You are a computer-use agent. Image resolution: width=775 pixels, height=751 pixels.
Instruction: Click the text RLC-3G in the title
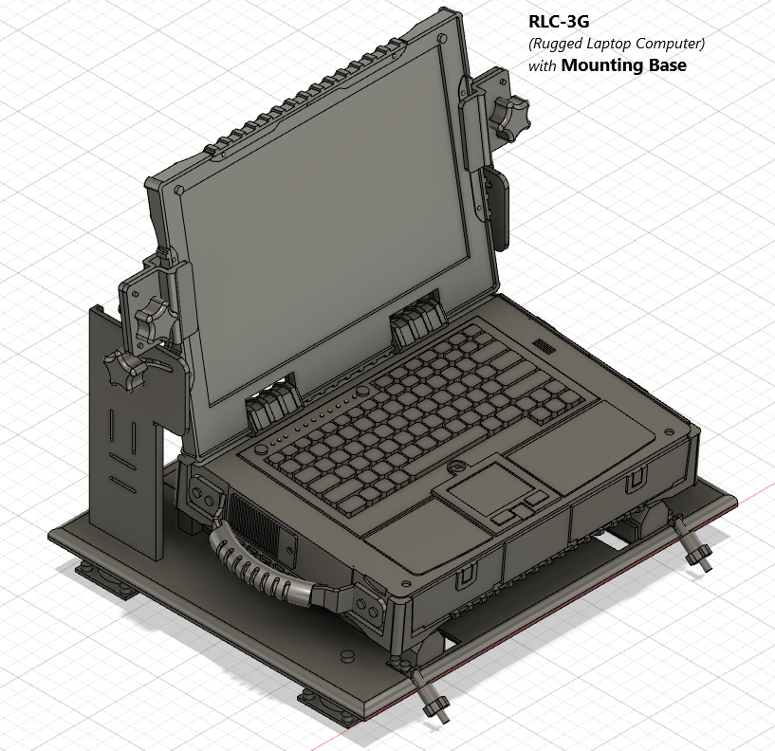tap(559, 22)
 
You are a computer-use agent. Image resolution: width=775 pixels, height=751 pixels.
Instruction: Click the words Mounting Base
tap(624, 65)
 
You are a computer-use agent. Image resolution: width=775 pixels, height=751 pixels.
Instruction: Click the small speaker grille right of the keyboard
tap(544, 345)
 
